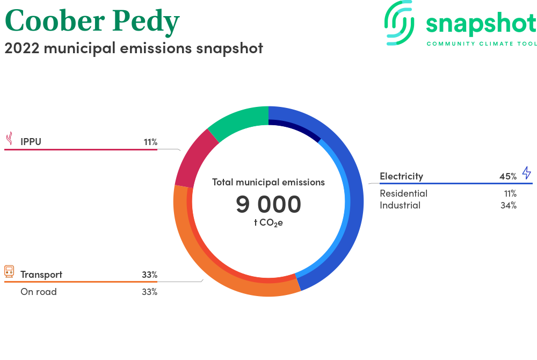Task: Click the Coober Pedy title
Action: click(x=92, y=21)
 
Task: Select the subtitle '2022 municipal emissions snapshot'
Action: click(x=134, y=48)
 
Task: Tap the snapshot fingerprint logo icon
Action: click(x=399, y=23)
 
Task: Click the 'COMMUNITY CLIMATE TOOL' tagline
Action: click(x=482, y=44)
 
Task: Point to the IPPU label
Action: click(x=31, y=142)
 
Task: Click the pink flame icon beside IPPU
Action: click(x=10, y=139)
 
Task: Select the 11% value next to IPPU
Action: click(x=150, y=142)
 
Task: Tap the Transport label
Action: click(x=41, y=275)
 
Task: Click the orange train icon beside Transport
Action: click(x=9, y=271)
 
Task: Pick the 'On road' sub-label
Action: click(x=39, y=292)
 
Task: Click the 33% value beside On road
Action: click(x=150, y=292)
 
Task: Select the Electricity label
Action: click(x=401, y=176)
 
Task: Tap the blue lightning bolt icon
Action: click(x=527, y=173)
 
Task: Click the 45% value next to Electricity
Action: click(x=508, y=176)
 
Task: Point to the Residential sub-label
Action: click(x=403, y=193)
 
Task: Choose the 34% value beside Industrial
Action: click(x=509, y=205)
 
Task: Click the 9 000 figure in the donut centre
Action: click(x=268, y=205)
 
